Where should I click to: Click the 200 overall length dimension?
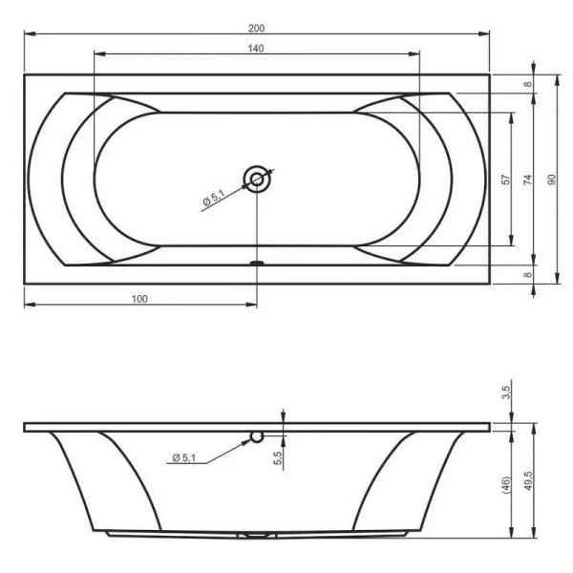[x=256, y=26]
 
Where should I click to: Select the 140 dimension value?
[x=256, y=47]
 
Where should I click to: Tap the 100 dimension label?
[x=139, y=299]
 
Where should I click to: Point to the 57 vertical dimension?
[x=506, y=179]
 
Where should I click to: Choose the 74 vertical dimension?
[x=528, y=179]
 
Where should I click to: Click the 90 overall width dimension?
[x=551, y=179]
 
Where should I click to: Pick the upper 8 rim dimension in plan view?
[x=528, y=84]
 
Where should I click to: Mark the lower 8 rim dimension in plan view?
[x=528, y=274]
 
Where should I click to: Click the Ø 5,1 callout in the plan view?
[x=212, y=200]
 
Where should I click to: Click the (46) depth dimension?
[x=507, y=483]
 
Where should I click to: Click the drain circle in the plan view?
[x=257, y=179]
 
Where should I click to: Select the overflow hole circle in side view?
[x=256, y=437]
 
